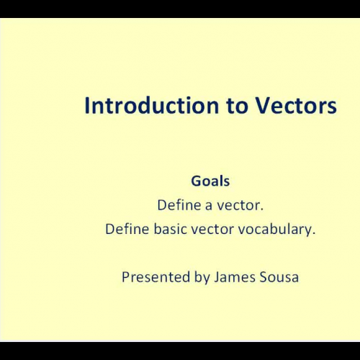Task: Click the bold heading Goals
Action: [210, 182]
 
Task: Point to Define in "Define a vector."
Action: [179, 205]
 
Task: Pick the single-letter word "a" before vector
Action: [209, 205]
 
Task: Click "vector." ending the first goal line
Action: [240, 205]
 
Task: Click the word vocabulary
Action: [275, 230]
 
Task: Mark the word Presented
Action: [153, 276]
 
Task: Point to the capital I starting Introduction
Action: [86, 106]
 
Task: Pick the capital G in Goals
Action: [196, 182]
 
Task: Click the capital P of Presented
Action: [125, 276]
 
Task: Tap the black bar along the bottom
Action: [180, 352]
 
